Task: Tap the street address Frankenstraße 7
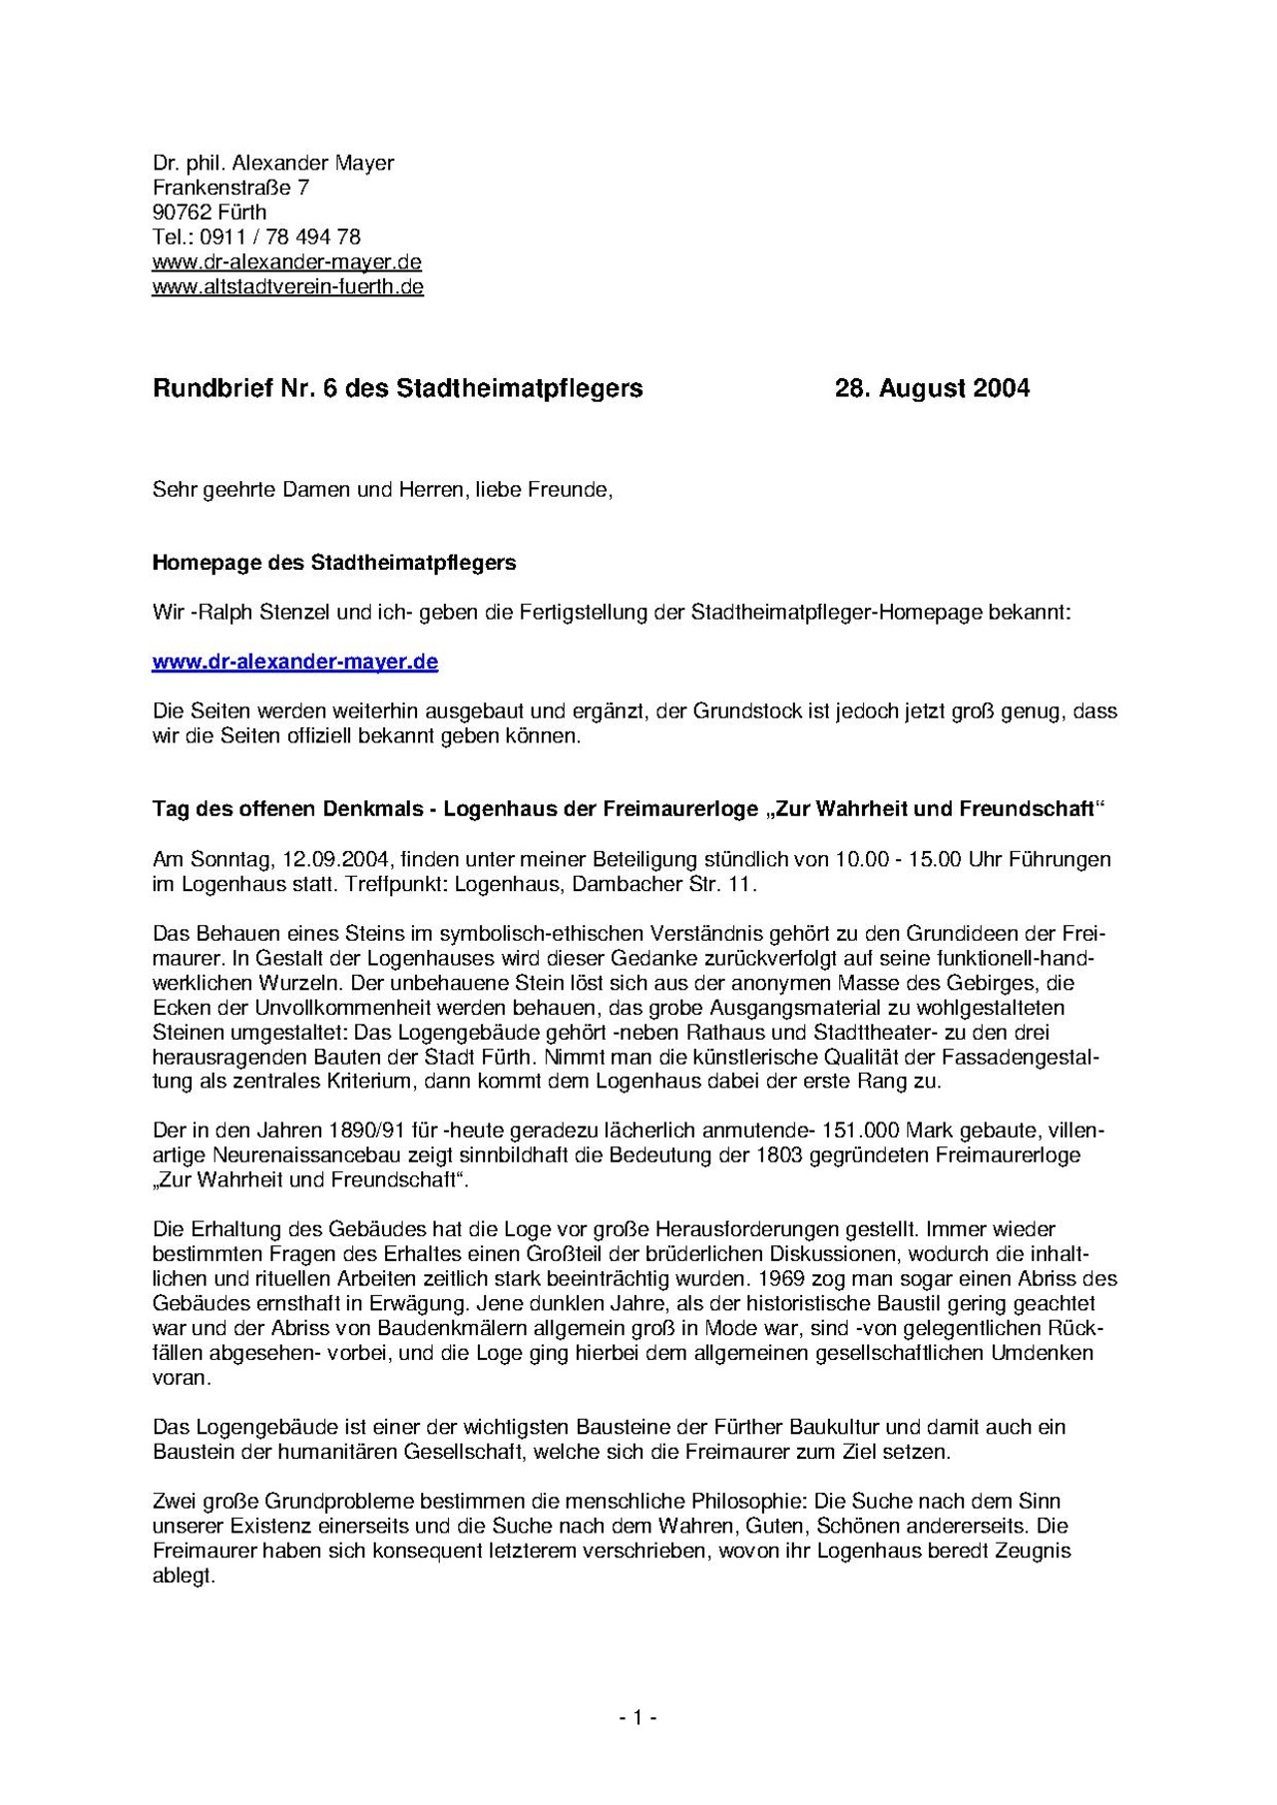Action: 230,188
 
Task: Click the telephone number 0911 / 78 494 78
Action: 280,237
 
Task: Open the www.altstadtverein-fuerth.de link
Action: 287,287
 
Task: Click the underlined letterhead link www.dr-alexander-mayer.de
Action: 286,262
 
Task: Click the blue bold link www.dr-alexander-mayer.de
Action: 294,662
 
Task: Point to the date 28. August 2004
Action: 932,388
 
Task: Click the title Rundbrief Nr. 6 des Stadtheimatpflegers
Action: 397,388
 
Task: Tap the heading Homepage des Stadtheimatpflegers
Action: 333,563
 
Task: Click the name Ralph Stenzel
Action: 260,613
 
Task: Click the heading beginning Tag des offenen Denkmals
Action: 629,809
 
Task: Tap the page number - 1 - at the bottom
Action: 638,1717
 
